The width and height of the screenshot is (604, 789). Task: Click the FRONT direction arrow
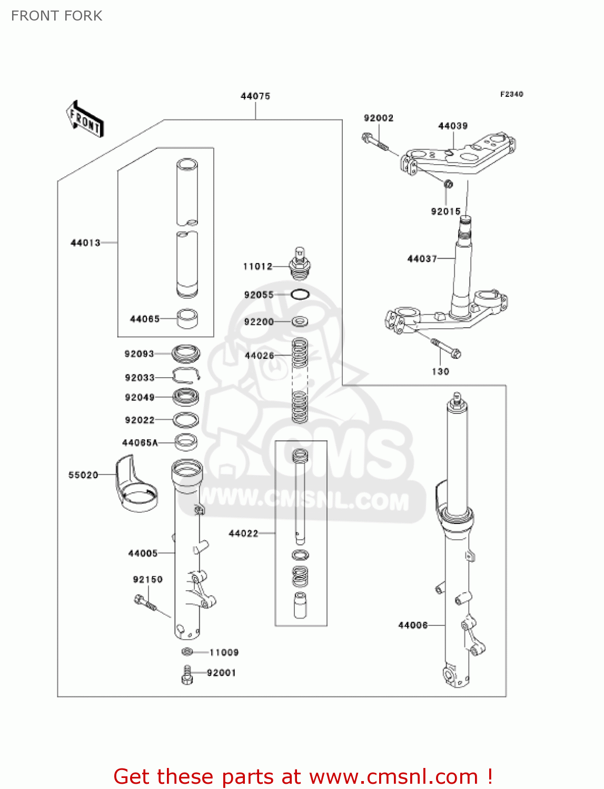[x=84, y=119]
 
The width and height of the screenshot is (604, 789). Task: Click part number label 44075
[x=255, y=96]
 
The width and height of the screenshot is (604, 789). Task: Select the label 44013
[x=85, y=243]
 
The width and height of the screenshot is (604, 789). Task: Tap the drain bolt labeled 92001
[x=187, y=674]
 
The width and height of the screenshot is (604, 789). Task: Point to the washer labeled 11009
[x=187, y=652]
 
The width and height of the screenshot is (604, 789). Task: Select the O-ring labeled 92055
[x=300, y=295]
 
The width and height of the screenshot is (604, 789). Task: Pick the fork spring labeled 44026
[x=300, y=380]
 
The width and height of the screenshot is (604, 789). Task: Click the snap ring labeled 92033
[x=186, y=376]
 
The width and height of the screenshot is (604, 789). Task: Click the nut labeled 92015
[x=448, y=185]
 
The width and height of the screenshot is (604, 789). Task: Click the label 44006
[x=413, y=625]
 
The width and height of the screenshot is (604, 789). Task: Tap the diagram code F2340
[x=511, y=94]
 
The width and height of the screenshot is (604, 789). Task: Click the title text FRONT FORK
[x=57, y=16]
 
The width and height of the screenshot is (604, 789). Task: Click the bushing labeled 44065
[x=187, y=318]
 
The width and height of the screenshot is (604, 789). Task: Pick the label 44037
[x=422, y=259]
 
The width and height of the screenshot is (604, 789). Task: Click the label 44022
[x=243, y=533]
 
